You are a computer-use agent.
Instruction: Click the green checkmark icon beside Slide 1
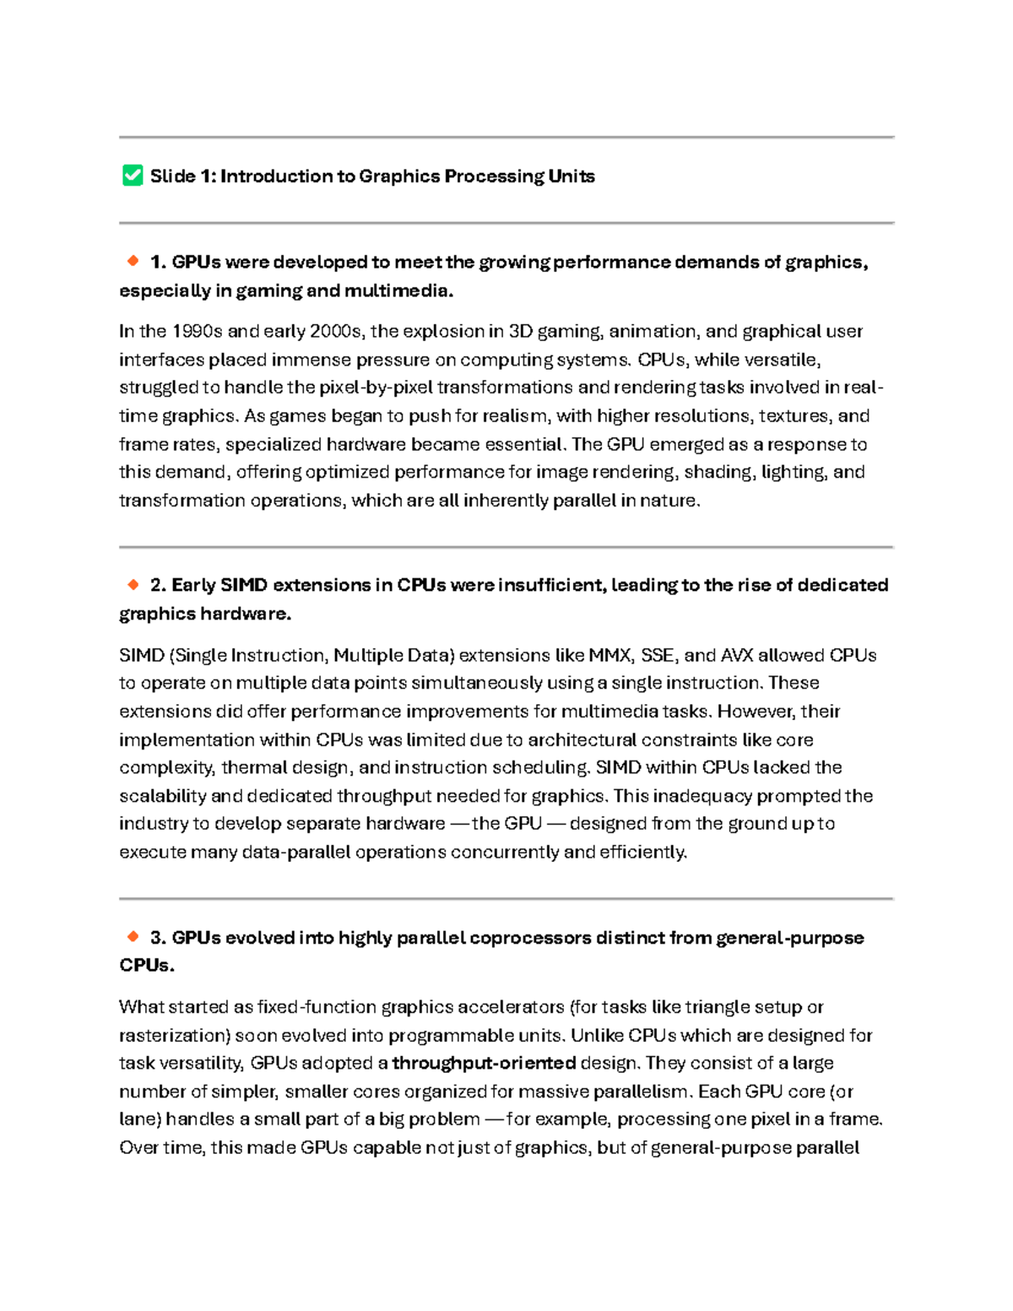point(133,176)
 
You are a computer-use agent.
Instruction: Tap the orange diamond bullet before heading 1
point(133,262)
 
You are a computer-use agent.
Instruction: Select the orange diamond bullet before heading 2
point(133,584)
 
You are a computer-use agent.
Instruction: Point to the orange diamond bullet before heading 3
point(133,936)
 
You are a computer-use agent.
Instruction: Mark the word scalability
point(163,796)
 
